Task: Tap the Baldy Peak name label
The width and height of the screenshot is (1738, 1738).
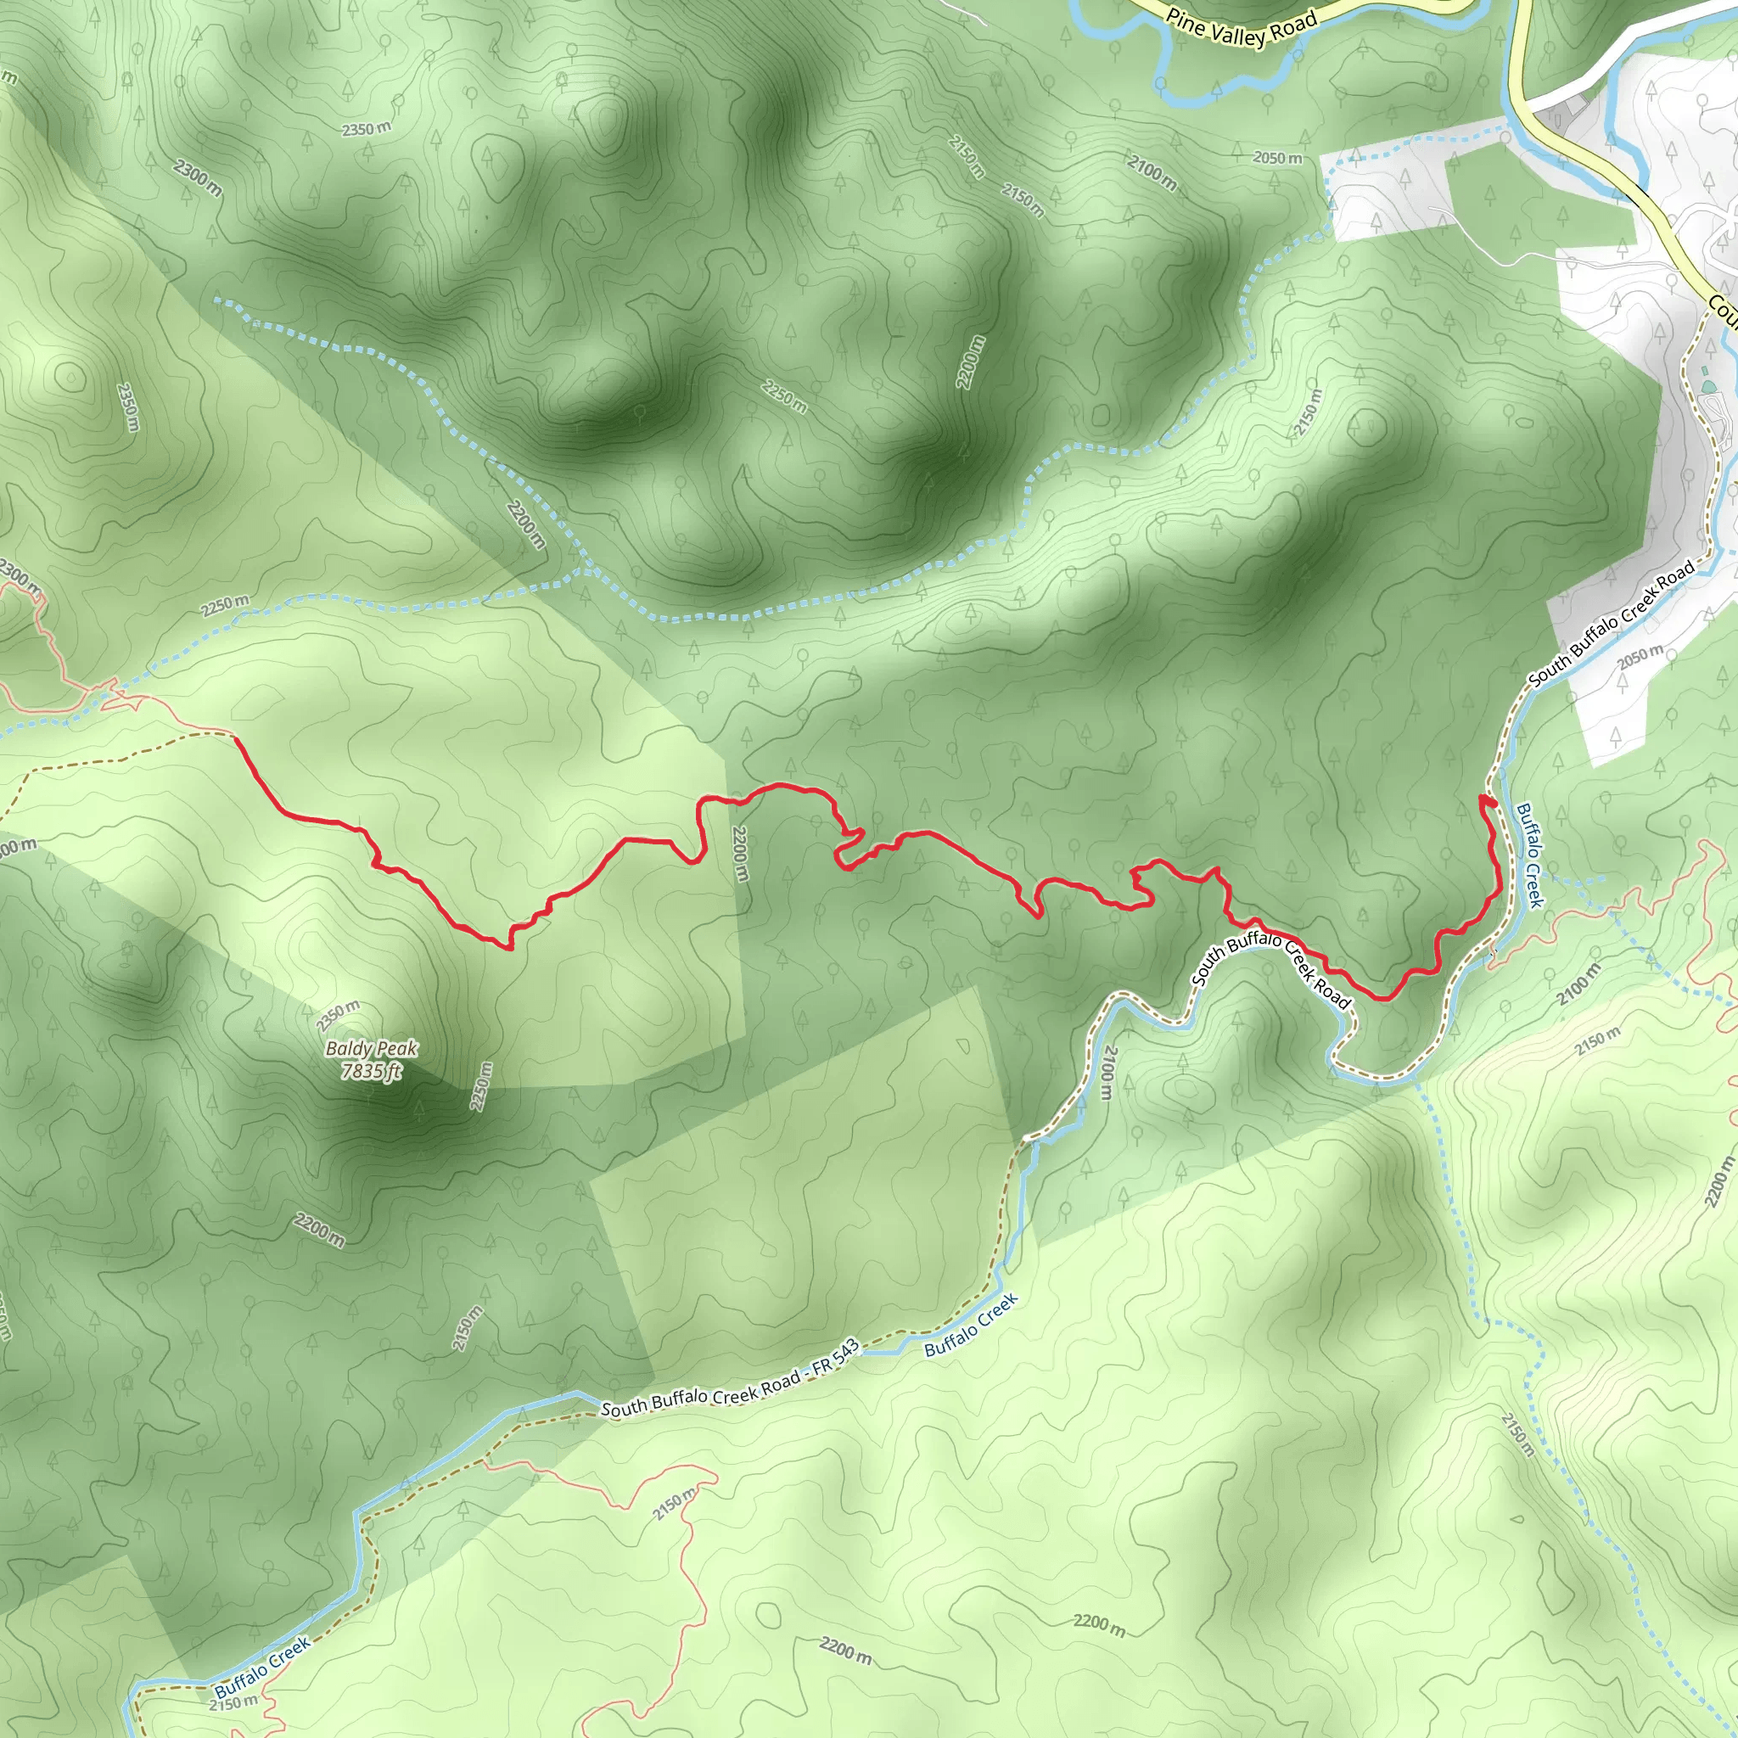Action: tap(372, 1048)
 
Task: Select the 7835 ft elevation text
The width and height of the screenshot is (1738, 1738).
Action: tap(371, 1070)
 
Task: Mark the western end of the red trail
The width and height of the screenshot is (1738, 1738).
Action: tap(236, 737)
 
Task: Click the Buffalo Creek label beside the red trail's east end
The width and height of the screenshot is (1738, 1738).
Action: tap(1529, 855)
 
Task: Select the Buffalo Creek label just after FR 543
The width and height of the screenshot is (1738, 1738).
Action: tap(971, 1325)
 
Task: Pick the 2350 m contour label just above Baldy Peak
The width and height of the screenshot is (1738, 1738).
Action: tap(338, 1016)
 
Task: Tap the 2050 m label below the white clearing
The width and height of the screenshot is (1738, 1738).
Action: tap(1640, 658)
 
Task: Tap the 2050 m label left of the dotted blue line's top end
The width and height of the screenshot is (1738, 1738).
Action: tap(1277, 159)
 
